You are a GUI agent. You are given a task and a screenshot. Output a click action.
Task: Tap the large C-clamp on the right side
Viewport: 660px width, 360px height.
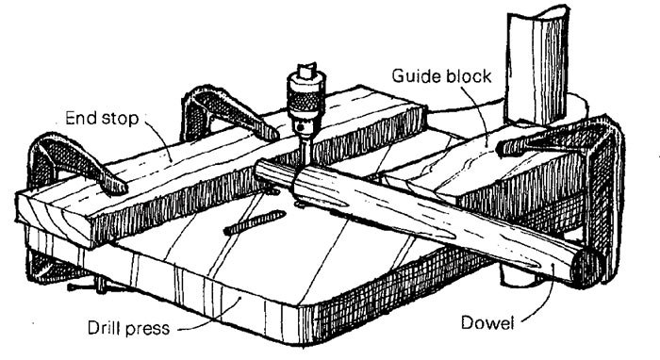click(x=594, y=188)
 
